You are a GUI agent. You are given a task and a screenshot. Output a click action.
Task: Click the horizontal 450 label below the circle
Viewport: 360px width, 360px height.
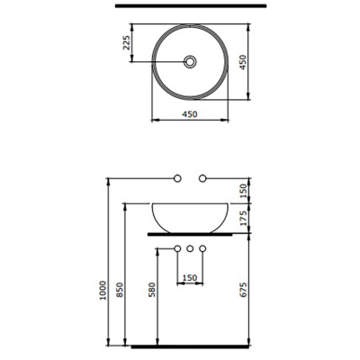click(x=190, y=114)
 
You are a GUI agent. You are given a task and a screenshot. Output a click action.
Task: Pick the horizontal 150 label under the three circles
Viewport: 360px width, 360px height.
click(x=190, y=278)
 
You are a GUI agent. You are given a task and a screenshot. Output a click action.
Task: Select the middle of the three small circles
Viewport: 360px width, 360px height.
click(x=190, y=247)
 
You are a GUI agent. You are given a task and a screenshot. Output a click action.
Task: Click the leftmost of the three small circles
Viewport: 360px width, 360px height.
click(x=177, y=247)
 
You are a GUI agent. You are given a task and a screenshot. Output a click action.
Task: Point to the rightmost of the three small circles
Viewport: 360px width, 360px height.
click(x=203, y=247)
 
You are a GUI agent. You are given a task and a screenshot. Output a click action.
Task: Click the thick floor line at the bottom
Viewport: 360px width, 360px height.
click(x=190, y=345)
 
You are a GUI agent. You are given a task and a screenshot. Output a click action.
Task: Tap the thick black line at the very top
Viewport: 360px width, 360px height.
click(x=190, y=8)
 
